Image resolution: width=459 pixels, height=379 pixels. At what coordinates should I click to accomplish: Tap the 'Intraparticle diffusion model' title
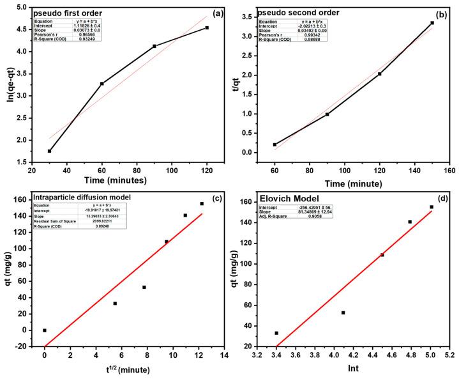85,197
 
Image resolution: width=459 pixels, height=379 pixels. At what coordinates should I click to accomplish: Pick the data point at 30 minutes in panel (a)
49,151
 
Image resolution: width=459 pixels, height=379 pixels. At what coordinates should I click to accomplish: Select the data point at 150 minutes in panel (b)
432,23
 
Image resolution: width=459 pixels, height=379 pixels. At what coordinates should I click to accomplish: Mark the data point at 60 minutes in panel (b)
275,144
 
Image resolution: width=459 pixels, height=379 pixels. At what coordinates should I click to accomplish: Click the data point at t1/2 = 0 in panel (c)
45,330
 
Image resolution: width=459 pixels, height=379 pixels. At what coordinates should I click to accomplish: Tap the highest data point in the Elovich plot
432,206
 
